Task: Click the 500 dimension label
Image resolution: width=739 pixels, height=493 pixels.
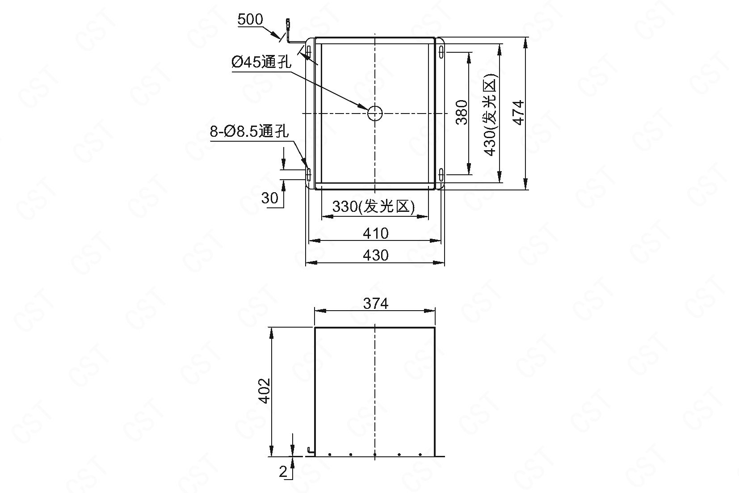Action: click(x=250, y=20)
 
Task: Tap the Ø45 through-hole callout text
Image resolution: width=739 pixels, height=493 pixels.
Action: click(x=261, y=62)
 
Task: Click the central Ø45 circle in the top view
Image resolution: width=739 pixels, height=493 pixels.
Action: click(x=375, y=114)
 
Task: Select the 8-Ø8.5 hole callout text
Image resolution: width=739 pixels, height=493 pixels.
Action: click(x=249, y=131)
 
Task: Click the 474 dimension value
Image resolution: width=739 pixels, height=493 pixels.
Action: click(x=519, y=113)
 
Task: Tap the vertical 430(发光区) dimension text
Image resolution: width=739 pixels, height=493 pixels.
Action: click(x=490, y=114)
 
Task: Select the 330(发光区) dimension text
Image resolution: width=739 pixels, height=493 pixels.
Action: click(x=374, y=206)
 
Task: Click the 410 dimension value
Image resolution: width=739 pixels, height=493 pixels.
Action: click(x=376, y=234)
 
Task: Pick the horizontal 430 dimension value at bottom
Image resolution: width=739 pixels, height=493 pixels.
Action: click(x=376, y=255)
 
